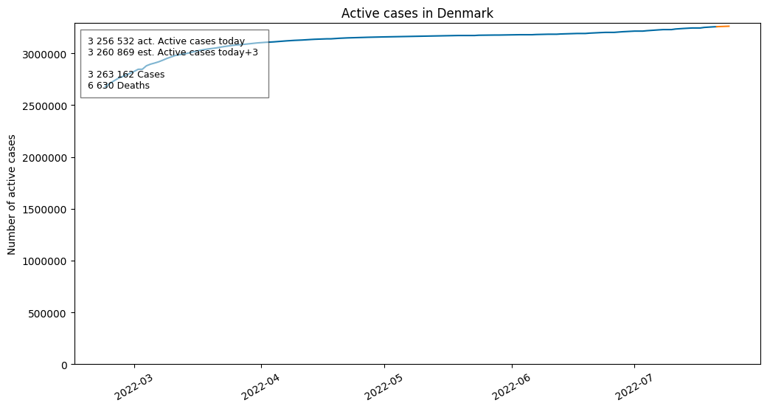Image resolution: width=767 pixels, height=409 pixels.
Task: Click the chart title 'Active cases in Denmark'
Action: pyautogui.click(x=417, y=13)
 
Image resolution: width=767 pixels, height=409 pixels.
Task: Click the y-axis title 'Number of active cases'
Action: pyautogui.click(x=11, y=194)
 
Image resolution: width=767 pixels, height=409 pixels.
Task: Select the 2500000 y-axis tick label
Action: pyautogui.click(x=44, y=106)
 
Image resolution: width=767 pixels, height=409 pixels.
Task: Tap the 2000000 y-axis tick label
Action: pyautogui.click(x=44, y=158)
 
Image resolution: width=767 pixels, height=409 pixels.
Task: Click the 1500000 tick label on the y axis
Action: pyautogui.click(x=44, y=210)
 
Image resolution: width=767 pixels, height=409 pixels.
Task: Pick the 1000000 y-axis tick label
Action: pyautogui.click(x=44, y=261)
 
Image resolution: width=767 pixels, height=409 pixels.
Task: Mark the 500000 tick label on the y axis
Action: pyautogui.click(x=47, y=314)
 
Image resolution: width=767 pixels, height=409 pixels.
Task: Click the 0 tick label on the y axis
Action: pyautogui.click(x=64, y=365)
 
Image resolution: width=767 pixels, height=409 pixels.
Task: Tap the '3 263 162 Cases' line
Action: pyautogui.click(x=126, y=75)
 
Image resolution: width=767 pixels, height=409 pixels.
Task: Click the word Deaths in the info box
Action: pyautogui.click(x=133, y=85)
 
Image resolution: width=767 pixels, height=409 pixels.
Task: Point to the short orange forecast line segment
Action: pyautogui.click(x=723, y=27)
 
